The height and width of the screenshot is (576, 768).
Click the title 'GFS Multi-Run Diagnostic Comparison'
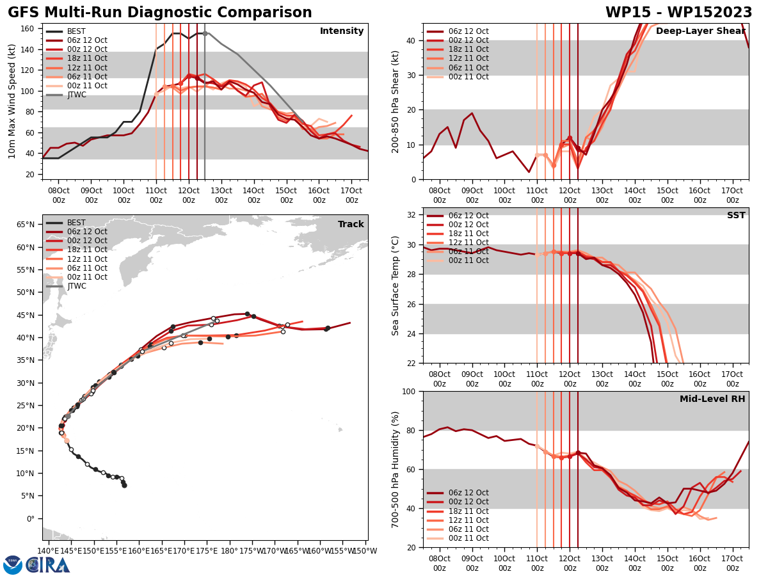(x=160, y=13)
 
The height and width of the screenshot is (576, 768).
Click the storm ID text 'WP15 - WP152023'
(x=678, y=13)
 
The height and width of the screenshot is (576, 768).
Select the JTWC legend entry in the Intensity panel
(x=76, y=95)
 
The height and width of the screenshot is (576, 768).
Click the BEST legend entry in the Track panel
(x=76, y=223)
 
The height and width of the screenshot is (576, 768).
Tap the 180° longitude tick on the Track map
(x=230, y=550)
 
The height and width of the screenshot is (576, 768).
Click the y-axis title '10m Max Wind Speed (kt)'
(x=12, y=101)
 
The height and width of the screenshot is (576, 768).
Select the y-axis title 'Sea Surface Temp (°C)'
(x=396, y=285)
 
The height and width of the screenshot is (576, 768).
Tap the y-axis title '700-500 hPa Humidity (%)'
(x=396, y=469)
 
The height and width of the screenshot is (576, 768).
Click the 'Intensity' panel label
(x=342, y=31)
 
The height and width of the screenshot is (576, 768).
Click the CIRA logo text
(x=48, y=565)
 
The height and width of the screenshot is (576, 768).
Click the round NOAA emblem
(x=13, y=565)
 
